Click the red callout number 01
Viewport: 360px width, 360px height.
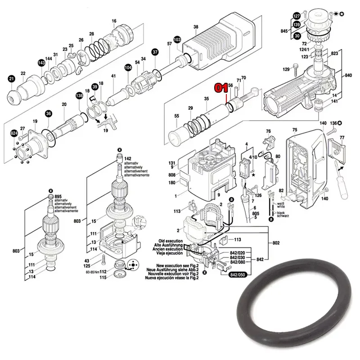221,87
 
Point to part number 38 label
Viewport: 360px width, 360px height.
196,27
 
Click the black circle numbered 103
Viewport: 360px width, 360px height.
177,40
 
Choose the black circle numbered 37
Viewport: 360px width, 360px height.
155,52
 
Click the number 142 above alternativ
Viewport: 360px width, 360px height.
128,158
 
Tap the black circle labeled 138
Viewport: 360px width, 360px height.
80,95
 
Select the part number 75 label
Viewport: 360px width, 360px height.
295,130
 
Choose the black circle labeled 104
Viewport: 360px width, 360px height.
128,67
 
